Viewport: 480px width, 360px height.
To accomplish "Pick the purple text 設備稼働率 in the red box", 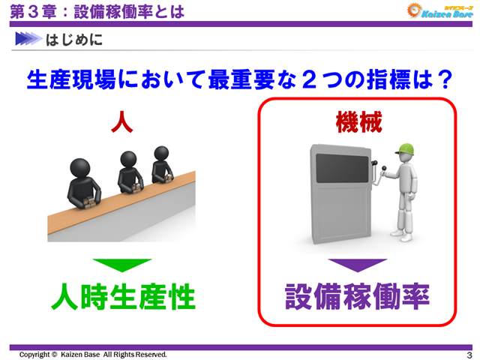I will [358, 298].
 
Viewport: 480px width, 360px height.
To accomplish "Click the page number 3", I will [469, 355].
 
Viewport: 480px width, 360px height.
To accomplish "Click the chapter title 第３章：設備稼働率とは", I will [97, 10].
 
